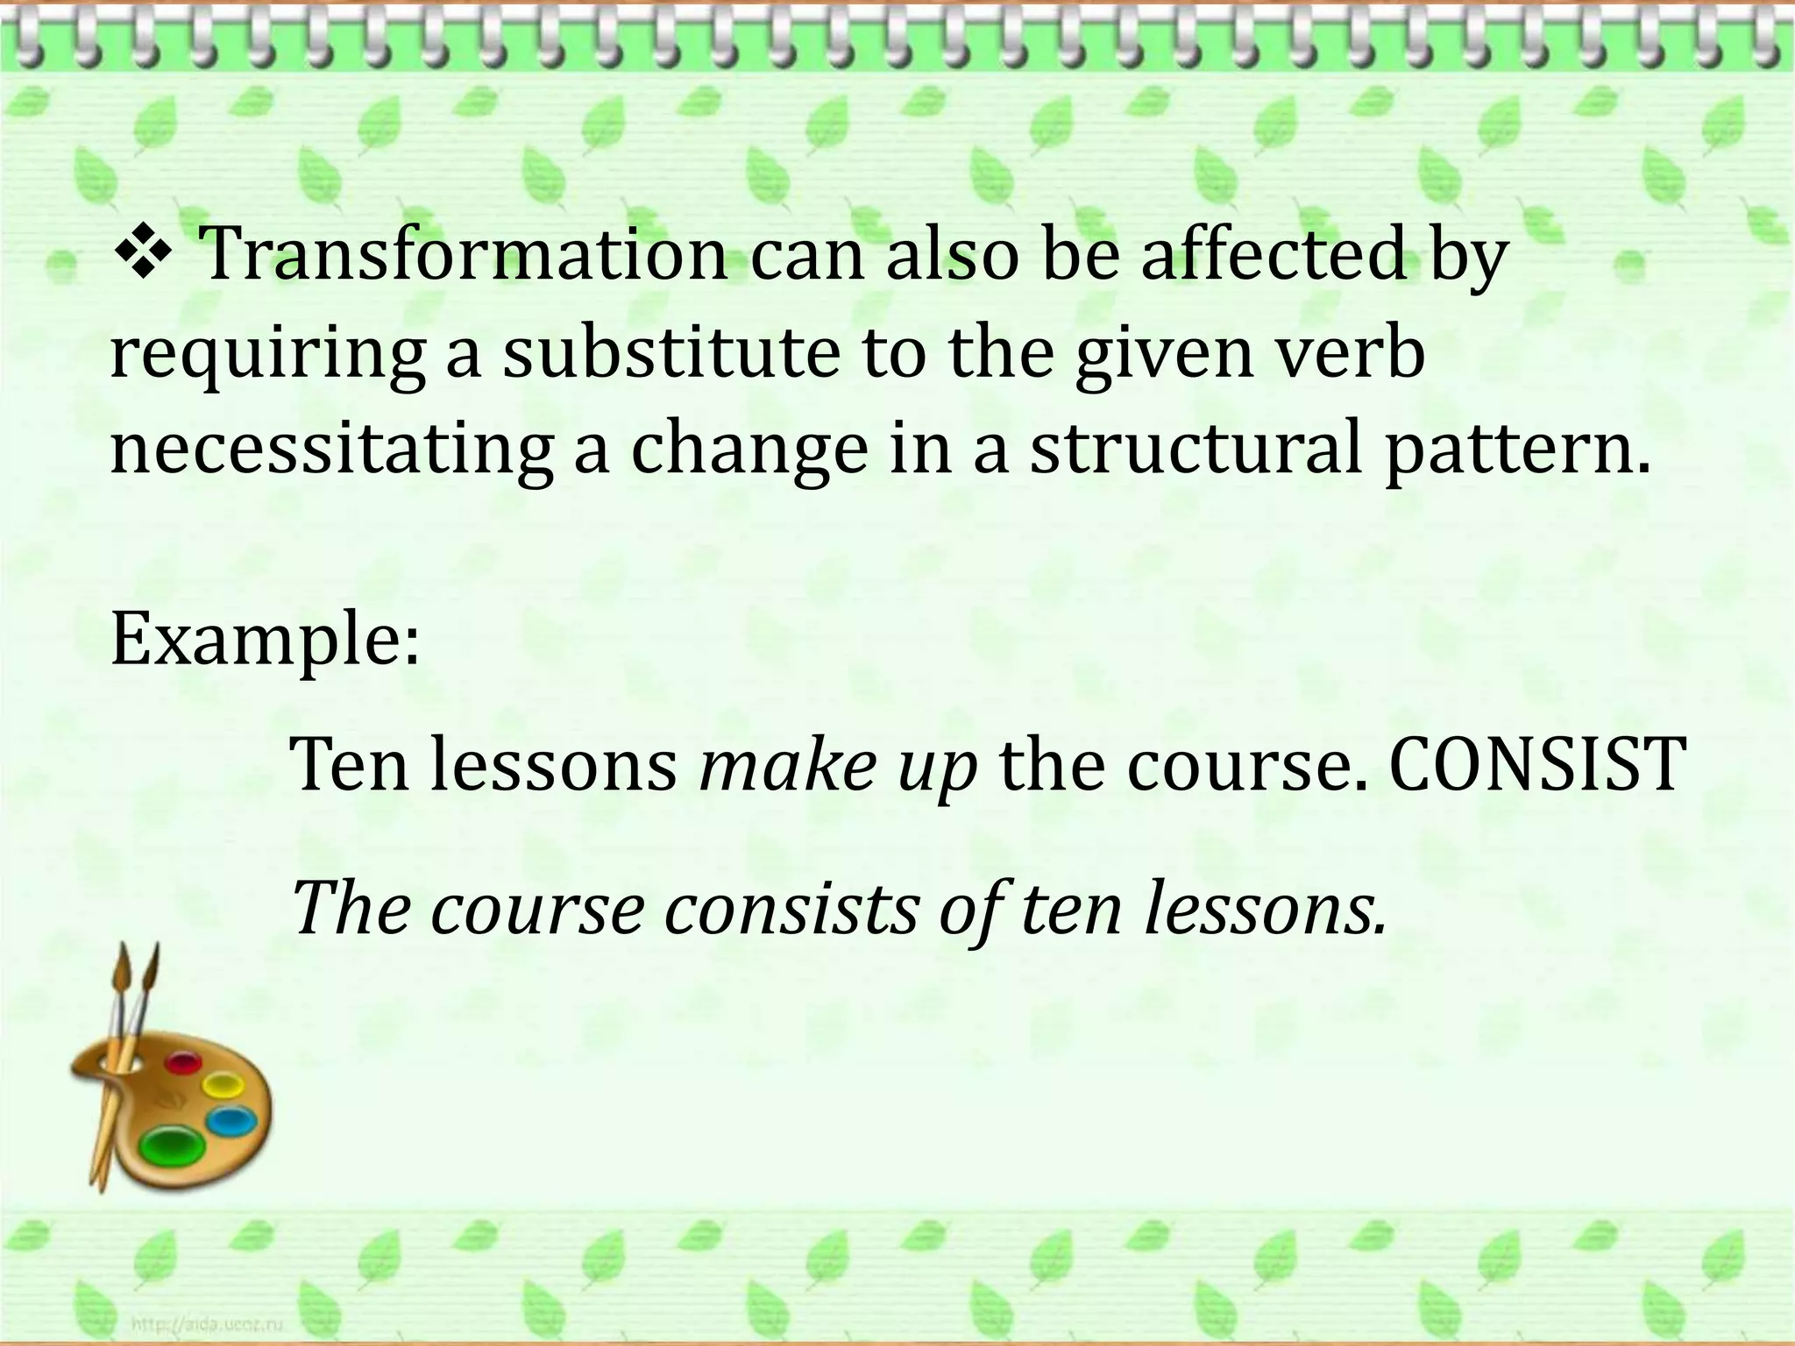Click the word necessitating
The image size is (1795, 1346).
click(x=331, y=449)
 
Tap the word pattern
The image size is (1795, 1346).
click(x=1517, y=449)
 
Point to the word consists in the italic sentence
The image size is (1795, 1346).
click(x=793, y=909)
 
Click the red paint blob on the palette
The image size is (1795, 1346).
click(x=183, y=1065)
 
